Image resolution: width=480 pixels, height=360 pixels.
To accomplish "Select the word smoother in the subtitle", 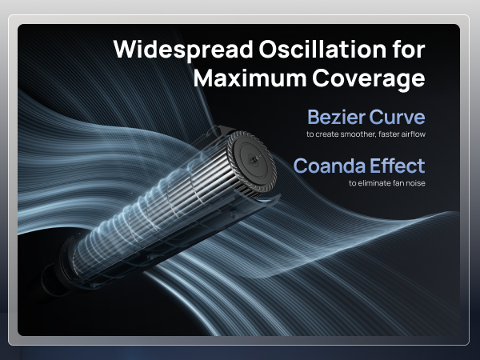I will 354,134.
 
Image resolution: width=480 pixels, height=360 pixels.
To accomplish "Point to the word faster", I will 390,134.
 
